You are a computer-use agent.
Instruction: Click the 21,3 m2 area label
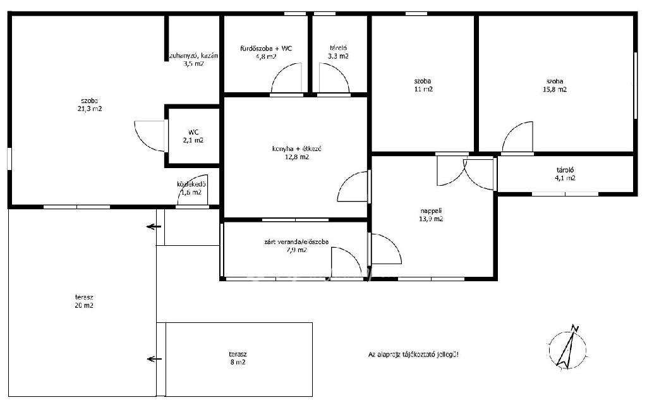(90, 109)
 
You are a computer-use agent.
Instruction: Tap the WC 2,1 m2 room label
(193, 137)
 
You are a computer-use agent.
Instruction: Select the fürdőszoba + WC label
(266, 48)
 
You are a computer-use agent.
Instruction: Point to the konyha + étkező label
(297, 149)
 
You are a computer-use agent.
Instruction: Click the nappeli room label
(431, 211)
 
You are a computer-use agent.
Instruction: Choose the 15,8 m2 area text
(555, 90)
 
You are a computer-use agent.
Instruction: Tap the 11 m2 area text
(423, 89)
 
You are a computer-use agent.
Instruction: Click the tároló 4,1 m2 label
(565, 174)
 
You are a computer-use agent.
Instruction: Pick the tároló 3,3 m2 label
(339, 52)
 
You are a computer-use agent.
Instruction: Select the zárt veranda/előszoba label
(297, 242)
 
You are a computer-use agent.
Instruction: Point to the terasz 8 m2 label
(238, 358)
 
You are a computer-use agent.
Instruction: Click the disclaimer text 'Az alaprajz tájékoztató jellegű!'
(413, 355)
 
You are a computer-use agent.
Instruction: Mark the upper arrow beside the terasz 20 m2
(154, 226)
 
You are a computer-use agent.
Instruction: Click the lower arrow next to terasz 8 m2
(154, 359)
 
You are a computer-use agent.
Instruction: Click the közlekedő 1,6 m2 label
(191, 188)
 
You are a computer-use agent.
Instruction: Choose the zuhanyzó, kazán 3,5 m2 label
(193, 59)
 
